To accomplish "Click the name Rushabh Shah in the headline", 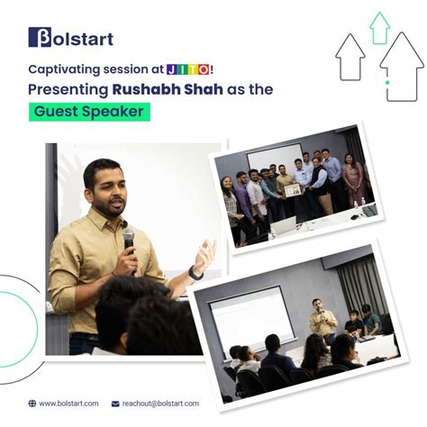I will pyautogui.click(x=157, y=89).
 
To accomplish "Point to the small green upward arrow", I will pyautogui.click(x=380, y=27).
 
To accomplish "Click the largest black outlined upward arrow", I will pyautogui.click(x=402, y=65).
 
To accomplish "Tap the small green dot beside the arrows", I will pyautogui.click(x=388, y=83).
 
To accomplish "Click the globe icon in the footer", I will pyautogui.click(x=32, y=403).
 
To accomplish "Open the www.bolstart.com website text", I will pyautogui.click(x=68, y=403).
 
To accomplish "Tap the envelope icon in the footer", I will pyautogui.click(x=116, y=403).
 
